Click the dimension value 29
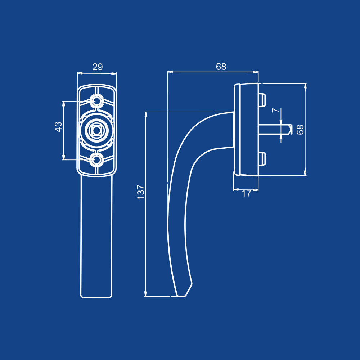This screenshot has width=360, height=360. pos(98,67)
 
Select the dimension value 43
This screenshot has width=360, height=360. pos(58,127)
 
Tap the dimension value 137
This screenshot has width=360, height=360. pos(140,192)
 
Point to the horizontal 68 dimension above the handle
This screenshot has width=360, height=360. pos(221,67)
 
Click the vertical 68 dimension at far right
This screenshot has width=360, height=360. pos(300,130)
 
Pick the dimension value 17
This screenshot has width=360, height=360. pos(246,194)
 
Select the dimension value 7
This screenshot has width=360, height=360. pos(276,111)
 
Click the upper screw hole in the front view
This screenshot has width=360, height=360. pos(96,100)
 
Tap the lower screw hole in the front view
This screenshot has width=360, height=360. pos(96,160)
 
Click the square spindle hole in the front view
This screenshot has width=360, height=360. pos(96,130)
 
